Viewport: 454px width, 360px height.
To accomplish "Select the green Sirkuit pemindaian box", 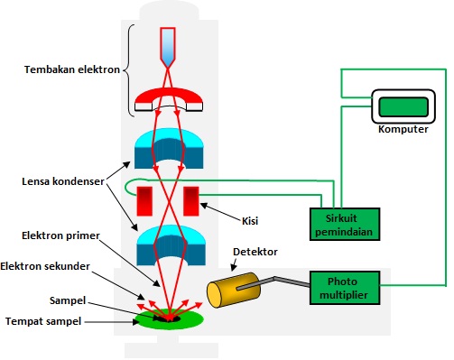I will click(x=340, y=221).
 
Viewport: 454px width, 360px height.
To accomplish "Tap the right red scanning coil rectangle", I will click(x=191, y=201).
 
